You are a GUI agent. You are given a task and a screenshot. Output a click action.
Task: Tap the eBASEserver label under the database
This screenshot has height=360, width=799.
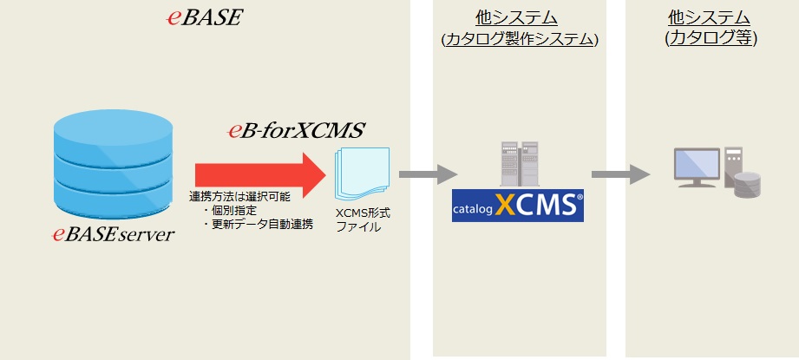[113, 233]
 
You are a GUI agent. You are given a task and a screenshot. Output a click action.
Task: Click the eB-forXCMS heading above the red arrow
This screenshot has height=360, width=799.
[295, 131]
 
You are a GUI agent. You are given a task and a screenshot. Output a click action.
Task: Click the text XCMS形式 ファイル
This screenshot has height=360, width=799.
[363, 219]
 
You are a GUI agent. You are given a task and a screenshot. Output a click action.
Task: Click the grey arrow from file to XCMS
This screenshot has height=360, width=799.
[428, 173]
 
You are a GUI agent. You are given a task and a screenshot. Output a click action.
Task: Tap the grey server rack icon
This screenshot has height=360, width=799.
[517, 167]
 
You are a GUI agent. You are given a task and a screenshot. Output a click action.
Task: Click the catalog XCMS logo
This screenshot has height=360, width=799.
[518, 206]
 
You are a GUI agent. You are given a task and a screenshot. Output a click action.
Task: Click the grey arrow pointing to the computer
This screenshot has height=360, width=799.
[620, 173]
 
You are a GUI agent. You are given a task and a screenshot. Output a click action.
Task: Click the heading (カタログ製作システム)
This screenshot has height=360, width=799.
[519, 39]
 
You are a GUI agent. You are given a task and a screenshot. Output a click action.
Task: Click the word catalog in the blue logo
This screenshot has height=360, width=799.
[474, 209]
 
